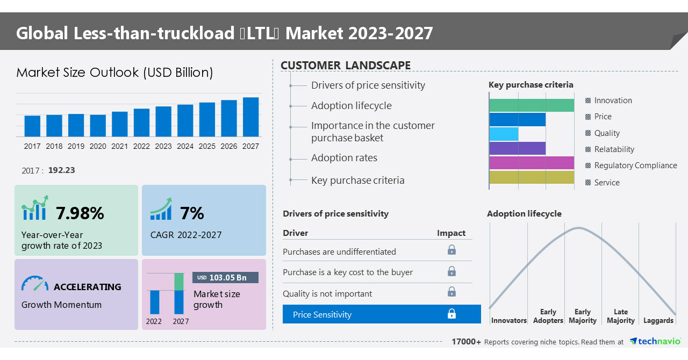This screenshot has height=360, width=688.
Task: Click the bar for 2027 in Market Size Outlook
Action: (250, 117)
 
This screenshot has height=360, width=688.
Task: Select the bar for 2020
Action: (98, 125)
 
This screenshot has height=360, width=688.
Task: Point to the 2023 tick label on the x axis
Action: (163, 146)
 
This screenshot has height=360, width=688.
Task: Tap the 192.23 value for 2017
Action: (61, 170)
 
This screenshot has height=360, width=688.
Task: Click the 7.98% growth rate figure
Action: (80, 213)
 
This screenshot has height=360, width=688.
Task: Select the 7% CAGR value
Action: (192, 213)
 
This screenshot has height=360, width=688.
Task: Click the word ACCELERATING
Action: (87, 287)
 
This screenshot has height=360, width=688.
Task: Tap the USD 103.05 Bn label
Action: (225, 277)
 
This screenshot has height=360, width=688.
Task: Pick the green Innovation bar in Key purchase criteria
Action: (531, 105)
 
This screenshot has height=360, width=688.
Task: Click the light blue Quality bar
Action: (504, 134)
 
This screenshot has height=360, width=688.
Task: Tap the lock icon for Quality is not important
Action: (451, 292)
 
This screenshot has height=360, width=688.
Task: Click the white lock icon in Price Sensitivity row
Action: (451, 314)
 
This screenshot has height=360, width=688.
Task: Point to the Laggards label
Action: (658, 320)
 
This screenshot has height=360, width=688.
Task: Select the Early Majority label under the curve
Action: (582, 316)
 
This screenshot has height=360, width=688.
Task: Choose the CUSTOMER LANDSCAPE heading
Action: (346, 66)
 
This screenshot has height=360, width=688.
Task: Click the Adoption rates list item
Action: (344, 158)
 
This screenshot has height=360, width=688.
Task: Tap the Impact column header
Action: (451, 233)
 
